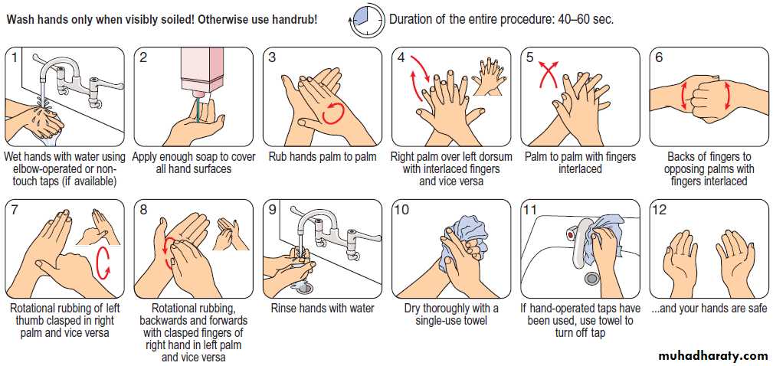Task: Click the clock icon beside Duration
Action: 368,20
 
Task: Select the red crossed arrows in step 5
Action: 549,74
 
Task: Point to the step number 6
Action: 659,57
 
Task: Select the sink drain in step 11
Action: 591,278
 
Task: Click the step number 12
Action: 659,211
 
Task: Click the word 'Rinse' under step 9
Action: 284,309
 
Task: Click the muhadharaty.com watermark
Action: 715,355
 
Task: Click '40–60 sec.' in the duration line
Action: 586,20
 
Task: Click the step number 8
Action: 143,211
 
